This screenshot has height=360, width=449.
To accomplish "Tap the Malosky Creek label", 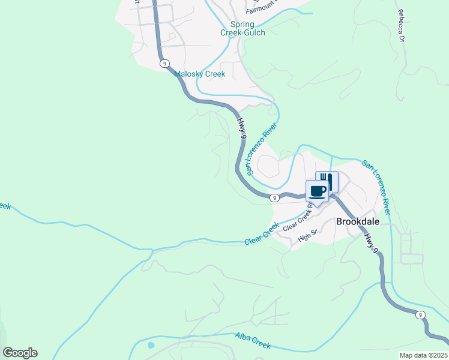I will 199,74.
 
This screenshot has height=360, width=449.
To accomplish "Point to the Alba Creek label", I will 253,341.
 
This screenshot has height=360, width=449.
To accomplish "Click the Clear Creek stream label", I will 262,234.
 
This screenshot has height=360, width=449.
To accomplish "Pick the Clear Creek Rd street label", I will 299,219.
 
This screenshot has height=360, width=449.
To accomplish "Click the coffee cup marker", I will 318,191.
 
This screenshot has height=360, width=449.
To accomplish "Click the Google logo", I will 20,353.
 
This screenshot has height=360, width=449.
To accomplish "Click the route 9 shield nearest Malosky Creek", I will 164,63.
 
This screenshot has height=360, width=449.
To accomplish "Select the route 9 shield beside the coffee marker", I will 273,197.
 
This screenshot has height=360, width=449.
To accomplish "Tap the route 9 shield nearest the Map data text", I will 421,314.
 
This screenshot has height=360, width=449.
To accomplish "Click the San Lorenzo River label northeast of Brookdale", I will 376,187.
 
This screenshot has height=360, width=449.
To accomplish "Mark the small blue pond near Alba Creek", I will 150,346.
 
